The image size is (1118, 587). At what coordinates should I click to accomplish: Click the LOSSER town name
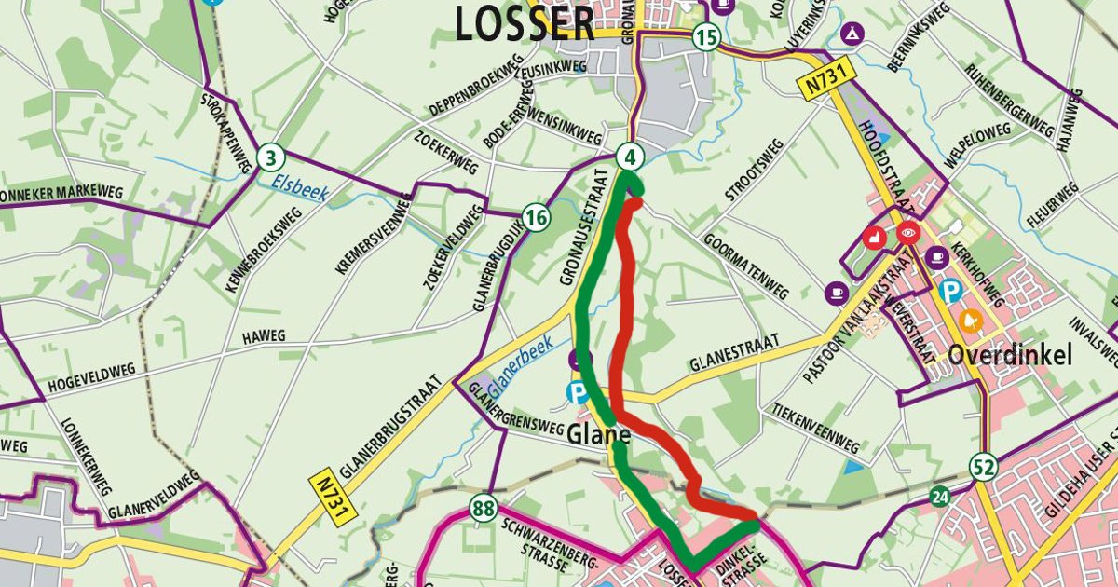click(x=525, y=23)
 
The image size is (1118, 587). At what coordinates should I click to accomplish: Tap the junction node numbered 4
click(x=631, y=156)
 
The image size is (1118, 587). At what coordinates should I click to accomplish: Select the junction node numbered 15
click(x=706, y=38)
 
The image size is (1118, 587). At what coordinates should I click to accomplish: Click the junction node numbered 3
click(x=270, y=157)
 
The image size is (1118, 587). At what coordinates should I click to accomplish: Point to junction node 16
click(x=535, y=218)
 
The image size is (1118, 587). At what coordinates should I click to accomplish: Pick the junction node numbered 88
click(x=482, y=509)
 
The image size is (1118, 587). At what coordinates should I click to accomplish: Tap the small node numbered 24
click(x=939, y=498)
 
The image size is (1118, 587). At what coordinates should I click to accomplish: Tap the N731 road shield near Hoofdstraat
click(x=817, y=82)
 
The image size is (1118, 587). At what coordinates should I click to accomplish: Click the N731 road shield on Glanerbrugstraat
click(x=322, y=495)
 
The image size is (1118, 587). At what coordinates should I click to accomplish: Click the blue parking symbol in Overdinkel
click(x=951, y=293)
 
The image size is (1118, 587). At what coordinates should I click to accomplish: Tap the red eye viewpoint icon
click(x=907, y=232)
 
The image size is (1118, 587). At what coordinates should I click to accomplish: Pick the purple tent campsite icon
click(x=851, y=34)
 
